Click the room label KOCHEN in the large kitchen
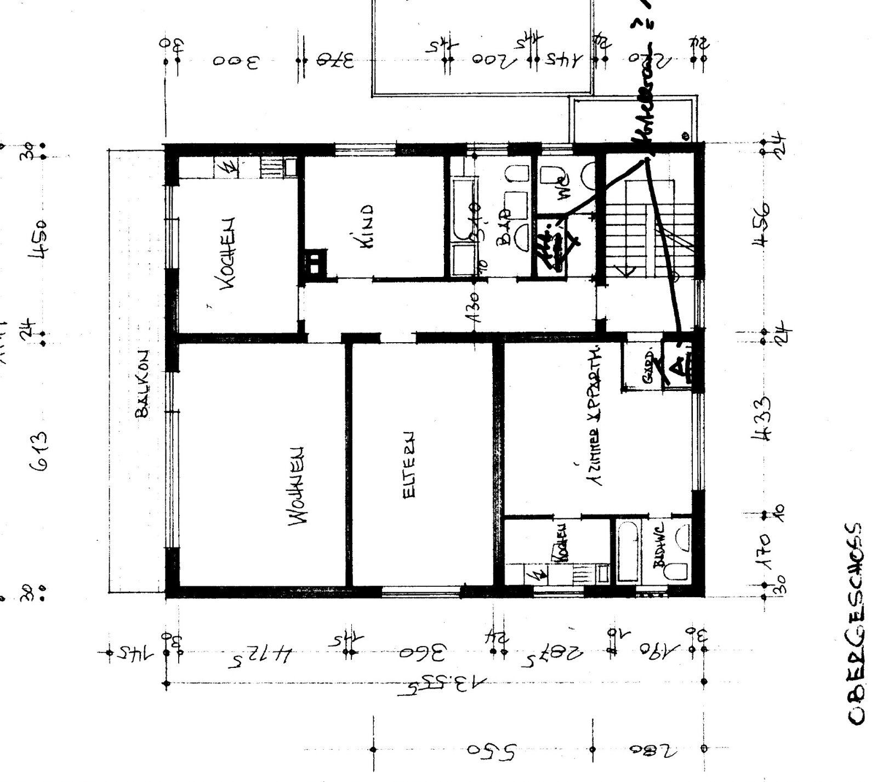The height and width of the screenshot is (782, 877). (x=229, y=253)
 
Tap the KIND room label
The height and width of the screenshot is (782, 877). (x=366, y=227)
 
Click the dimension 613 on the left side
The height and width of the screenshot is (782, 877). (x=43, y=451)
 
